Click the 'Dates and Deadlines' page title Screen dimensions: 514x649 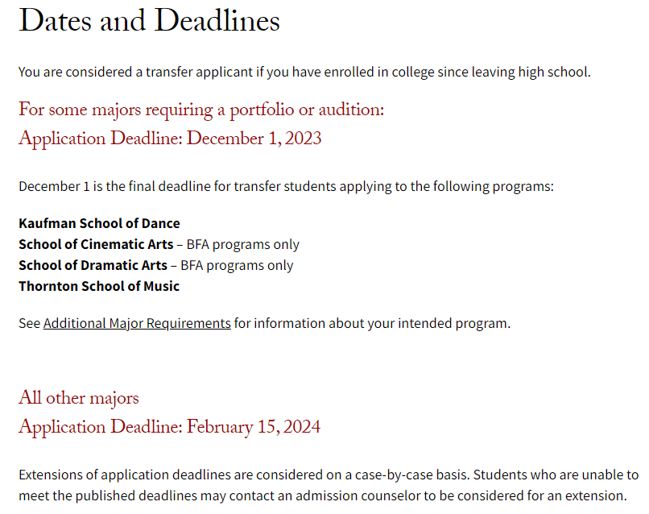(149, 22)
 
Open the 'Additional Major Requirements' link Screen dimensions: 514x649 (137, 323)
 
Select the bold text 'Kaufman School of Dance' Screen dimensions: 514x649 (99, 223)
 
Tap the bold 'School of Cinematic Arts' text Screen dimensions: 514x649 (96, 244)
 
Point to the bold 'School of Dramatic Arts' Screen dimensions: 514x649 (93, 265)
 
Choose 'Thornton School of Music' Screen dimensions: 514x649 (99, 286)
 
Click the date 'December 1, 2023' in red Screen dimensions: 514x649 (254, 139)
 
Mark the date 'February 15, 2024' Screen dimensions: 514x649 (254, 427)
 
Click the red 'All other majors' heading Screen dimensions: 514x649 (79, 398)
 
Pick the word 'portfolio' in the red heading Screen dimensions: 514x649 (258, 110)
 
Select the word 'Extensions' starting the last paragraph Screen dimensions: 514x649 (50, 475)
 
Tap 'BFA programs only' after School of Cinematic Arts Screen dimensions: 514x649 (243, 244)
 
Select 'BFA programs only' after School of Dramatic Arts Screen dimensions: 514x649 (237, 265)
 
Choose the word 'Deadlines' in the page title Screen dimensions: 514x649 (217, 22)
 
